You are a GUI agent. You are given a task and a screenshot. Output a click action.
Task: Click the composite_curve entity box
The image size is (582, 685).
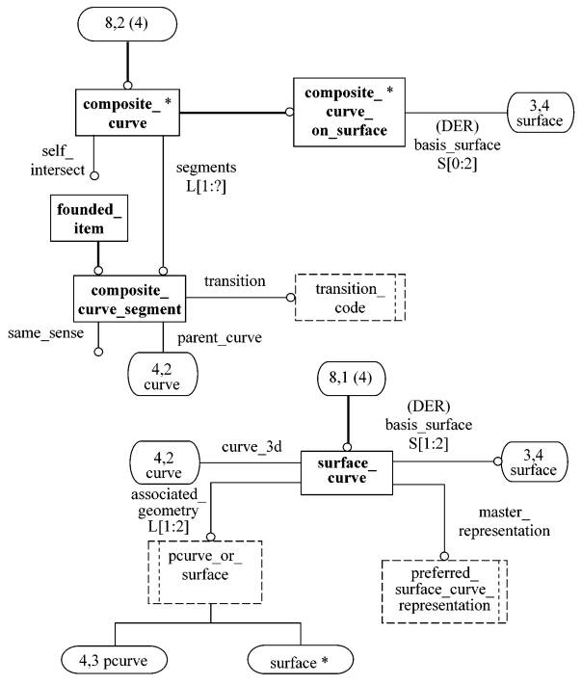coord(127,113)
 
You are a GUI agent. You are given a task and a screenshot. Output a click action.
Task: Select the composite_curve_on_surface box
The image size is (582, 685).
coord(349,113)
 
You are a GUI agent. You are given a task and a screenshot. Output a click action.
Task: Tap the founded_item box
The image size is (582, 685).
coord(90,218)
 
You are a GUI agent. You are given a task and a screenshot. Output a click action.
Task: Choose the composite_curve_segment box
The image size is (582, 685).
coord(129,299)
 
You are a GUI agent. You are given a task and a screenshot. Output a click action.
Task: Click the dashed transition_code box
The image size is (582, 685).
coord(350,298)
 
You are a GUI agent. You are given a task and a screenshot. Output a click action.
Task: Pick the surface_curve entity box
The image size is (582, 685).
coord(347,473)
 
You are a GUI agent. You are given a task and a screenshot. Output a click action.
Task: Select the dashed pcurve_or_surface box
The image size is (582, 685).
coord(205,572)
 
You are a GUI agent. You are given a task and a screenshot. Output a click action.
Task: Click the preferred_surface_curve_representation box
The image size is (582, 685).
coord(444,592)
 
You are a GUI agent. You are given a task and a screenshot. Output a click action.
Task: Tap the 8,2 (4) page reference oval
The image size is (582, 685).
coord(127,23)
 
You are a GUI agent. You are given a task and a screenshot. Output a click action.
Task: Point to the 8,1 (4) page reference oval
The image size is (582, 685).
coord(351,379)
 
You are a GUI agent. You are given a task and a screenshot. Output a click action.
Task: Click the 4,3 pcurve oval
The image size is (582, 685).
coord(114,661)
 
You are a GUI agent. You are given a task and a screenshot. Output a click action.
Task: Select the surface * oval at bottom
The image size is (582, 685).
coord(301,661)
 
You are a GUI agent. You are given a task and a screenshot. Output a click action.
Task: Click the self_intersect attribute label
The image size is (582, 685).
coord(58,160)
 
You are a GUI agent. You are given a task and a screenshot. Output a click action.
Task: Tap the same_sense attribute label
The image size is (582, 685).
coord(46,333)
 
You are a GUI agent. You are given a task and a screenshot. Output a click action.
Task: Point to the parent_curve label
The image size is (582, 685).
coord(220,338)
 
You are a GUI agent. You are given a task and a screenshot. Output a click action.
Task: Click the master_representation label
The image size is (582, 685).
coord(504,521)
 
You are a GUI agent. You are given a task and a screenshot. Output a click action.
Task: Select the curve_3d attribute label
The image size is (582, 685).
coord(251,447)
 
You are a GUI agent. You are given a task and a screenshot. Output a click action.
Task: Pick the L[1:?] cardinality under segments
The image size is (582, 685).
coord(206,186)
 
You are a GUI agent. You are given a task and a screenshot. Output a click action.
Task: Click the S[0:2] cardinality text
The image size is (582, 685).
coord(457,164)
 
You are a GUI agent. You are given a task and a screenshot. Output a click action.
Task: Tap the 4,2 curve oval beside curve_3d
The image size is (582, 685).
coord(165,462)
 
